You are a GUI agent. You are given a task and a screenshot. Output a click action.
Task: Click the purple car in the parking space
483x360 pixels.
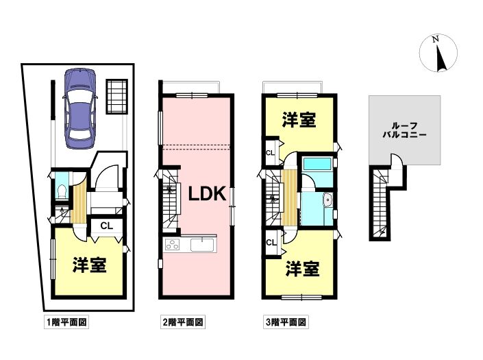pos(79,108)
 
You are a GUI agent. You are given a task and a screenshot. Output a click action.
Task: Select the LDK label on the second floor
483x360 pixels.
pos(208,194)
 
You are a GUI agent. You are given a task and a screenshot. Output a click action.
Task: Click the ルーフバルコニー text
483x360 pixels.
pos(404,130)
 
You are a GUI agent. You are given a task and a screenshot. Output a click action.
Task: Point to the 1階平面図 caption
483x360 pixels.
pos(66,322)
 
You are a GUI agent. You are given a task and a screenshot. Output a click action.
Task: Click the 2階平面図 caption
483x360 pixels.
pos(183,322)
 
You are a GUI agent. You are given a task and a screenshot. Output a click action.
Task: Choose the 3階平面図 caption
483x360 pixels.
pos(286,322)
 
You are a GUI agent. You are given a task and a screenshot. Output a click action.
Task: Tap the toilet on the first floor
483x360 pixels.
pos(62,192)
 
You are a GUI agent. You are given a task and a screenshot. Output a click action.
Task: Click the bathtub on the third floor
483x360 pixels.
pos(317,164)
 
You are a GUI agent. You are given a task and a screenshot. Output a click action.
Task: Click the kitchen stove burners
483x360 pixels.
pos(173,245)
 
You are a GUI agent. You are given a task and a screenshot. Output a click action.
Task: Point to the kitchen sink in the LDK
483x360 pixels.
pos(202,245)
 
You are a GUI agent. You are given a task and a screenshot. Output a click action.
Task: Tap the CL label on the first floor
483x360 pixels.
pos(107,226)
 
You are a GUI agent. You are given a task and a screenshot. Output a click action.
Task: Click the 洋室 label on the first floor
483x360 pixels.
pos(90,265)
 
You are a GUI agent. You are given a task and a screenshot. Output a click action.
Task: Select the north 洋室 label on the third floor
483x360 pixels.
pos(299,119)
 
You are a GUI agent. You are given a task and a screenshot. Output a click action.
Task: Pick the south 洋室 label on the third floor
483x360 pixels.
pos(302,269)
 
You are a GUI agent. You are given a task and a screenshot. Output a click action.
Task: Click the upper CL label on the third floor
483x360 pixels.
pos(270,152)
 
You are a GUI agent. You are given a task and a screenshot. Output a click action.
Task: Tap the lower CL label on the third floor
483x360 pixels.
pos(271,243)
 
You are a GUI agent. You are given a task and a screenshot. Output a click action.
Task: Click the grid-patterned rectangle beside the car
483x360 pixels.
pos(117,97)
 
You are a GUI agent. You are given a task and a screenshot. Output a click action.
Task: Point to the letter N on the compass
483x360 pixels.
pos(435,39)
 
